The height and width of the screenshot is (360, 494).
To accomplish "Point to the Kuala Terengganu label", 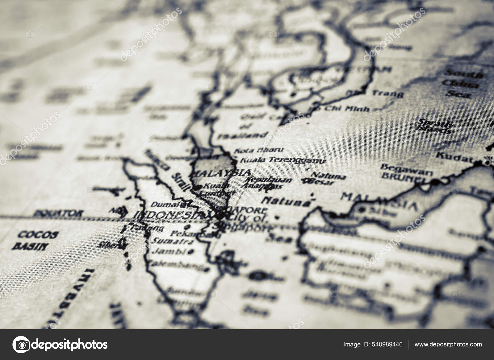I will pyautogui.click(x=282, y=160).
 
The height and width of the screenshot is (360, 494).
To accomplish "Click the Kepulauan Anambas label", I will pyautogui.click(x=266, y=183).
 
